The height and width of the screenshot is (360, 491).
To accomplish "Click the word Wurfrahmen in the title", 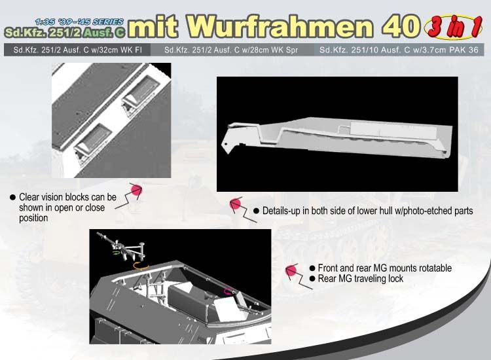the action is pos(281,27).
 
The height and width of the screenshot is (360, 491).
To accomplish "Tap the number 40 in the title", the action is pos(401,27).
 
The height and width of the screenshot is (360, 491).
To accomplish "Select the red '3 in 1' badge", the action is pos(453,27).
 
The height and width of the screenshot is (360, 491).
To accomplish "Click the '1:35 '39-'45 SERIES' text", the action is pos(79,22).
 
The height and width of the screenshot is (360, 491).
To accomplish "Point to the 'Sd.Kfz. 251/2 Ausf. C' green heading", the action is pos(65,33).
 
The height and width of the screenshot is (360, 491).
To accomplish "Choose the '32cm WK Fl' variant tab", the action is pos(77,50).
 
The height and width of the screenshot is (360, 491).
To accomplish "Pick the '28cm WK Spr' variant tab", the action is pos(231,50).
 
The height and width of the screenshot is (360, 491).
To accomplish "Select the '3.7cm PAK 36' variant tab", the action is pos(399,50).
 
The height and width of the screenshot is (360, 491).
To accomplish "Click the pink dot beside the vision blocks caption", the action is pos(136,190).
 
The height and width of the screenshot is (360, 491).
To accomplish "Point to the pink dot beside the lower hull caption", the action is pos(235,204).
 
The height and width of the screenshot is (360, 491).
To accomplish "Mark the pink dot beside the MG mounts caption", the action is pos(291,271).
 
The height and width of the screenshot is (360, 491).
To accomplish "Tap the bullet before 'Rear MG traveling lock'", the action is pos(312,279).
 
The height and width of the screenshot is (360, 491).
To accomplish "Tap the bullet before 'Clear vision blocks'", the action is pos(12,197).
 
